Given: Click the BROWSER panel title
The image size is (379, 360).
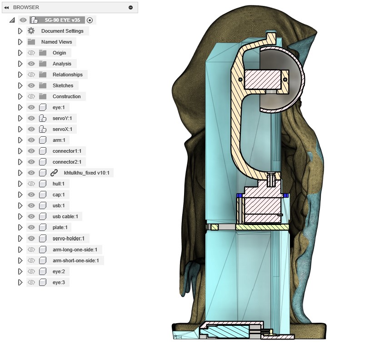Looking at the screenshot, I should click(26, 7).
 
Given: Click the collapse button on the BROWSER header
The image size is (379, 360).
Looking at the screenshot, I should click(131, 7).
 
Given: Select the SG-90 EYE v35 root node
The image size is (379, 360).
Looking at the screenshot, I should click(63, 20).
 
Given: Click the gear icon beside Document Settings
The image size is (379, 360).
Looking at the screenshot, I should click(31, 31).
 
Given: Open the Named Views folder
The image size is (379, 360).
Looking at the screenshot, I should click(56, 42).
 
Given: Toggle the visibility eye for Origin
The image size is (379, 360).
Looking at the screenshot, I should click(31, 53).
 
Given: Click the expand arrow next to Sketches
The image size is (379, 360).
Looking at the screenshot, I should click(20, 85).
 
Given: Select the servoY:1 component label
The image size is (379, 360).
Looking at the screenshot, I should click(62, 118).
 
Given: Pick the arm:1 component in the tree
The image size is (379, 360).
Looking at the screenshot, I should click(59, 140).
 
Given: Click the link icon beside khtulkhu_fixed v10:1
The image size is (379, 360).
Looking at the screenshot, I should click(54, 173).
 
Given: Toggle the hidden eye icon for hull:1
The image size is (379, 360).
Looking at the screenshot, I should click(31, 184).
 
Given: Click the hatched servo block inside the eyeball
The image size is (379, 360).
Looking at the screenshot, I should click(262, 79).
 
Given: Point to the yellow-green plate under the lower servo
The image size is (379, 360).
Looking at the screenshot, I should click(261, 227).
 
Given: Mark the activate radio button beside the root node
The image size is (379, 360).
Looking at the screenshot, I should click(90, 20).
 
